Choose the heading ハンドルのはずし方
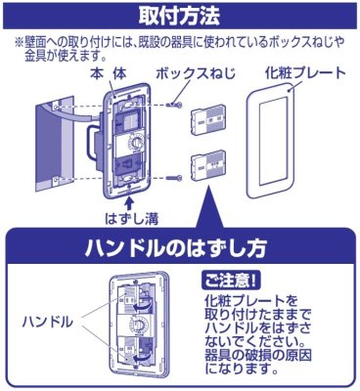tap(179, 241)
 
